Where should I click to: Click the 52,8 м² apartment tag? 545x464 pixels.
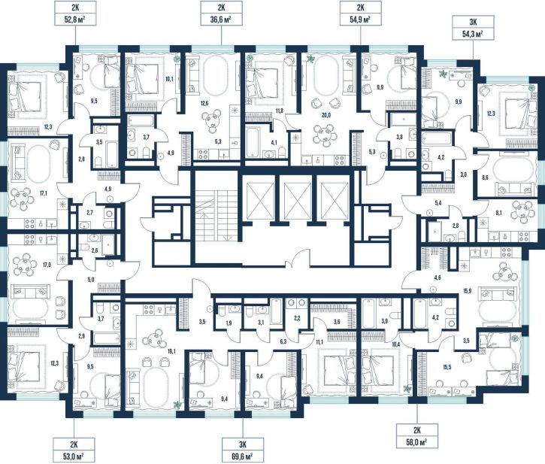[75, 13]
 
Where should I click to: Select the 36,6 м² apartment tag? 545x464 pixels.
[222, 13]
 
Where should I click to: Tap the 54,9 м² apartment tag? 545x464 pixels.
[360, 13]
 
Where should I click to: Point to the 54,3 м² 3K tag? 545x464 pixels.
[473, 28]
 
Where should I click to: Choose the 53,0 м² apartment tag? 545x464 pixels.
[74, 450]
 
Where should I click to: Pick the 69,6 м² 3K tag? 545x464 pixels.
[243, 450]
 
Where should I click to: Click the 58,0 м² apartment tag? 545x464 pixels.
[417, 436]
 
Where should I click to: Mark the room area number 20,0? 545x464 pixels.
[326, 116]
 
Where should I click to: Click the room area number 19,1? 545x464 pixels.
[171, 352]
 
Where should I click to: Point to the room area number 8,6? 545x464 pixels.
[485, 177]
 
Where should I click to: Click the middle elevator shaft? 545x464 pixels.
[297, 196]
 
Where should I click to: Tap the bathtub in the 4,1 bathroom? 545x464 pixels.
[253, 142]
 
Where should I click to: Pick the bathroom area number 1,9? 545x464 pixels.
[229, 323]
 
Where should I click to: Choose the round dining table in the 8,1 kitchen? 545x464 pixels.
[522, 211]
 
